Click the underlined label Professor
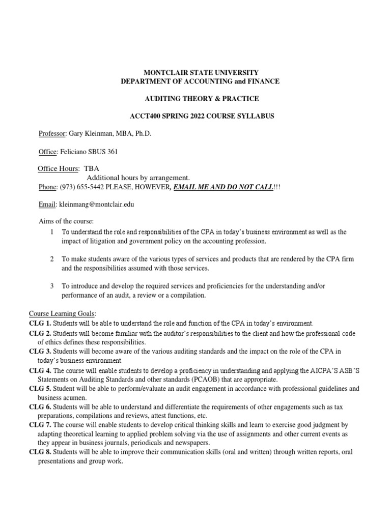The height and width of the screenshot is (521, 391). pyautogui.click(x=52, y=134)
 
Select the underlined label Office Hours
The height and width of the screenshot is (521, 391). pyautogui.click(x=58, y=169)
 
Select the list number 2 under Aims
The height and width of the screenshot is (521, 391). pyautogui.click(x=52, y=259)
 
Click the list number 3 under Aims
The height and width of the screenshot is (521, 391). pyautogui.click(x=52, y=286)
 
